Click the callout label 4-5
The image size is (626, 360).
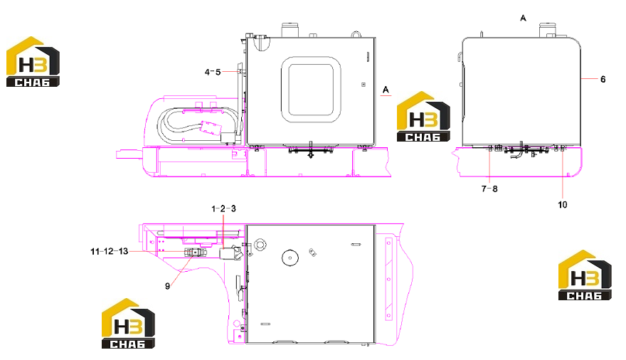[x=213, y=73]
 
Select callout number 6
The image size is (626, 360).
[x=603, y=80]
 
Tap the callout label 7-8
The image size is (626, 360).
[x=489, y=189]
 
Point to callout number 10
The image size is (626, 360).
[x=563, y=205]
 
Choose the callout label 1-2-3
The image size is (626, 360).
[x=223, y=208]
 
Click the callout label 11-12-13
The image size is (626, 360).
[x=110, y=251]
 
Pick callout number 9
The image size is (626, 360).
[x=167, y=286]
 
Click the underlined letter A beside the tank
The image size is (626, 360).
[x=386, y=90]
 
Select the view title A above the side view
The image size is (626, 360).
[x=524, y=18]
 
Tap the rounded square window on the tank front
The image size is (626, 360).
[x=311, y=90]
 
